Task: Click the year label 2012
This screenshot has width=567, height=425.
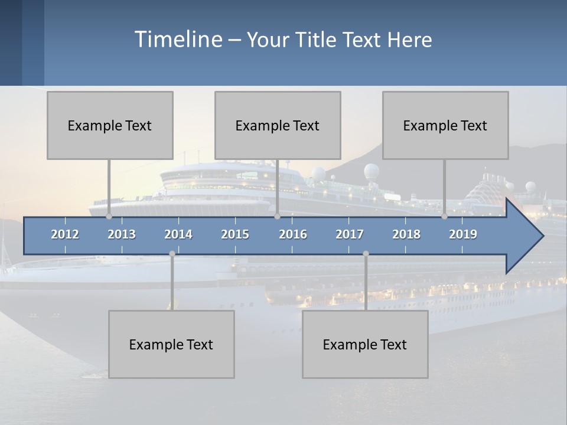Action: [x=65, y=234]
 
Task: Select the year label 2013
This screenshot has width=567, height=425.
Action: [x=122, y=234]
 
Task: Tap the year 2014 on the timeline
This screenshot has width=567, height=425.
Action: [x=178, y=234]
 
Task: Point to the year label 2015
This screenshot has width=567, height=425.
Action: [x=235, y=234]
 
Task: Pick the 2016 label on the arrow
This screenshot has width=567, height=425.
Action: [x=293, y=234]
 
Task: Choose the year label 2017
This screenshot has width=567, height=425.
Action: [x=350, y=234]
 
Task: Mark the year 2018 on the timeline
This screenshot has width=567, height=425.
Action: [x=406, y=234]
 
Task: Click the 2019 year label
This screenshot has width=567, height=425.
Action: [x=463, y=234]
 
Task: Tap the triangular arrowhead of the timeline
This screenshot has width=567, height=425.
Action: [x=523, y=236]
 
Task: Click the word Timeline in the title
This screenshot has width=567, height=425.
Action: [x=178, y=40]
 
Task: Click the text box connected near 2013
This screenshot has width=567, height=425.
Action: [x=110, y=125]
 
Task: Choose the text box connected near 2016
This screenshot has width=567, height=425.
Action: [x=278, y=125]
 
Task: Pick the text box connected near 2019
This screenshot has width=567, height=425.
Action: [x=445, y=125]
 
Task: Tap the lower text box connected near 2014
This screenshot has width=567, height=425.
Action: [x=171, y=344]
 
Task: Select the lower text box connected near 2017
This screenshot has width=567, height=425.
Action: [x=365, y=344]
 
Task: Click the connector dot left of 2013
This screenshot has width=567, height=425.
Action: [x=109, y=217]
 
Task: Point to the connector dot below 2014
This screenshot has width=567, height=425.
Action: [x=172, y=254]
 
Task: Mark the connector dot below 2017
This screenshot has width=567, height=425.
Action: [x=366, y=254]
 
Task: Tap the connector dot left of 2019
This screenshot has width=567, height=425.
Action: [x=445, y=217]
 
